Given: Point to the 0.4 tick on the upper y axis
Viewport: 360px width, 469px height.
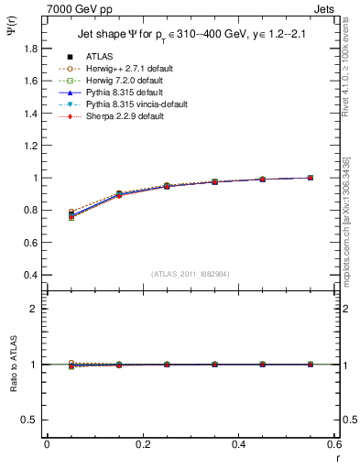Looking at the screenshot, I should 29,275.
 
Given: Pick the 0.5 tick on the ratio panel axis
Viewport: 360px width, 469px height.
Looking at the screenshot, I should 29,420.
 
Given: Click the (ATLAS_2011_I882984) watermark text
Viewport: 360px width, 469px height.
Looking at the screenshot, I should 191,275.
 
